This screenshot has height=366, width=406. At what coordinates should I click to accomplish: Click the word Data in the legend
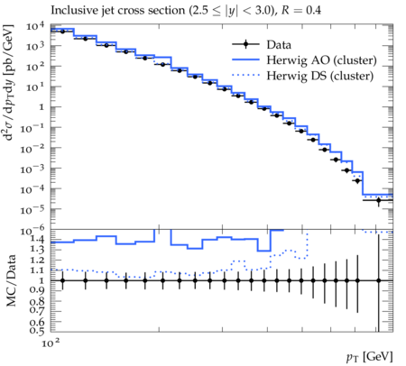pos(279,45)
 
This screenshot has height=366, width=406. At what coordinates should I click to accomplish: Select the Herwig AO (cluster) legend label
pos(321,60)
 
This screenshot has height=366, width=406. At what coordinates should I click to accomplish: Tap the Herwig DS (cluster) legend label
pos(320,76)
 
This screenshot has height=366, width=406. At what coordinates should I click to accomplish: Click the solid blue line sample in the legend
pos(245,59)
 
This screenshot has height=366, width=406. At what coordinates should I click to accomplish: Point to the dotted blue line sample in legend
pos(245,75)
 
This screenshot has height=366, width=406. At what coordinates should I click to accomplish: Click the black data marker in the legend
pos(245,44)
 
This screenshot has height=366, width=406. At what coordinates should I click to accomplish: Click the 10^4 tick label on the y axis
pos(35,27)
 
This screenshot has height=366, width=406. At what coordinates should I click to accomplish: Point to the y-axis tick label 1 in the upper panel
pos(42,107)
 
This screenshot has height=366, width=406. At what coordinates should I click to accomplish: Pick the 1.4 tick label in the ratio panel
pos(37,239)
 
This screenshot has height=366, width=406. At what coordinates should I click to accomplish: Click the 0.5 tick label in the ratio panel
pos(37,331)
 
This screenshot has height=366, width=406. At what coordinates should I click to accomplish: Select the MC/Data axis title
pos(11,280)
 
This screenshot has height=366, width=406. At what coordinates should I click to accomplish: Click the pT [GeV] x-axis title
pos(370,357)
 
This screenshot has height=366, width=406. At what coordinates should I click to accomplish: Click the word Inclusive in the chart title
pos(71,11)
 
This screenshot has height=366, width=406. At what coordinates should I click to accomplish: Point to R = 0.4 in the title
pos(301,11)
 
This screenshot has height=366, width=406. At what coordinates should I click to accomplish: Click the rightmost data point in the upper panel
pos(378,200)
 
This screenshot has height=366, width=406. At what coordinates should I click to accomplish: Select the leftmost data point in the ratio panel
pos(62,280)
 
